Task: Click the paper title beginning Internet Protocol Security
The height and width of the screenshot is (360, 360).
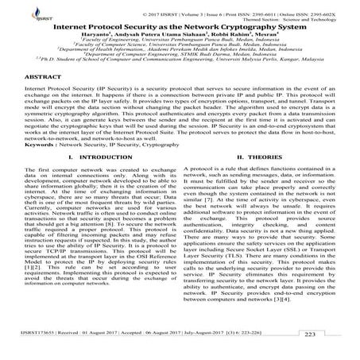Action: (182, 26)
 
